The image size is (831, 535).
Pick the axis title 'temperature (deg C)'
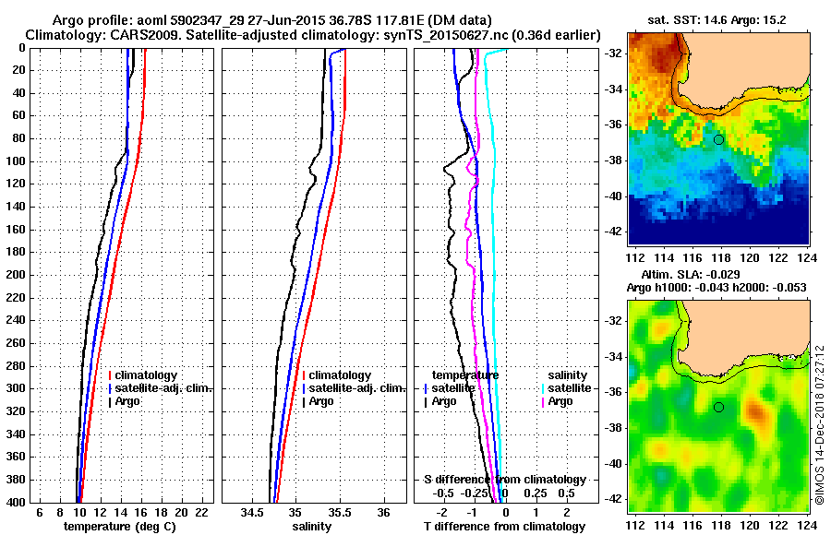tap(121, 527)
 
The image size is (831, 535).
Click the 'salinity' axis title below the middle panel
tap(311, 527)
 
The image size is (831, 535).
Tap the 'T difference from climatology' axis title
tap(504, 527)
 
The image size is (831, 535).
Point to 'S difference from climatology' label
tap(504, 480)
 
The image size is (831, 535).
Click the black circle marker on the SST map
tap(718, 139)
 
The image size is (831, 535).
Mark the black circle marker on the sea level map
tap(718, 407)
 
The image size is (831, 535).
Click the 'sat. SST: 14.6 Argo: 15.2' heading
tap(716, 19)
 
